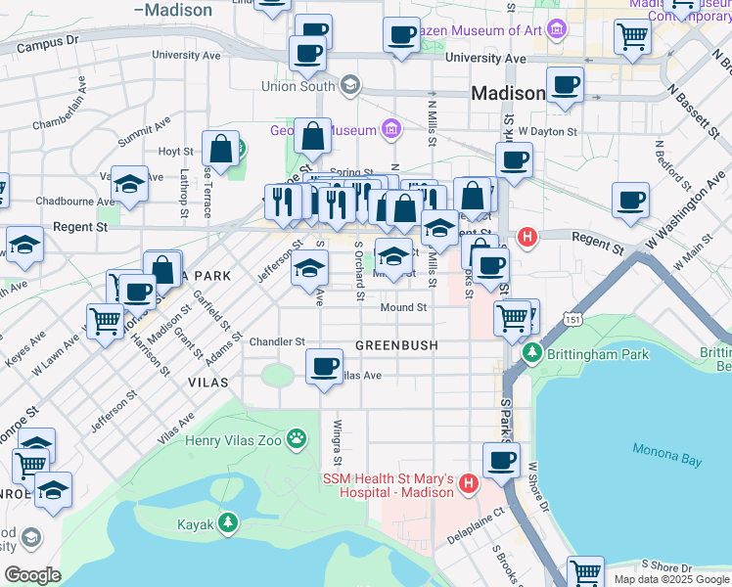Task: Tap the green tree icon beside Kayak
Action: click(228, 524)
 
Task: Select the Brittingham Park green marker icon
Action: click(532, 352)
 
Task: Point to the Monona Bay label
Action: click(663, 423)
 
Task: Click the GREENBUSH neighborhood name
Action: click(395, 346)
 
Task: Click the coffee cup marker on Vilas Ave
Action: click(323, 367)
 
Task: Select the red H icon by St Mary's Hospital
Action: click(468, 482)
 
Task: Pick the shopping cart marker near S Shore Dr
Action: click(585, 571)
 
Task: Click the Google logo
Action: click(33, 574)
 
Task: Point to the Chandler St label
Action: click(277, 342)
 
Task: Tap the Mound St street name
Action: click(403, 307)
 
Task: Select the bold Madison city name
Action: click(508, 93)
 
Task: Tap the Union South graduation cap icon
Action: click(349, 86)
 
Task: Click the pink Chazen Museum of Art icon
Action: click(556, 30)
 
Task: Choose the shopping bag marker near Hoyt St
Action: click(221, 149)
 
